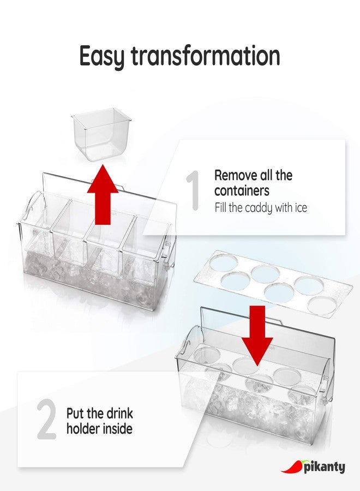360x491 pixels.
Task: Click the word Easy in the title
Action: [102, 57]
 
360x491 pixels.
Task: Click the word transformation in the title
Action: [205, 56]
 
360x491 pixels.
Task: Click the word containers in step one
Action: [242, 191]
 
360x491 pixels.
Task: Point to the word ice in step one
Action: [301, 208]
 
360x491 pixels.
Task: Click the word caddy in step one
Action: [258, 208]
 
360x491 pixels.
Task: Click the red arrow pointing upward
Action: [103, 195]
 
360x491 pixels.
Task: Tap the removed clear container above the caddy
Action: [102, 135]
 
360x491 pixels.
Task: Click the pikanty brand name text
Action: [325, 468]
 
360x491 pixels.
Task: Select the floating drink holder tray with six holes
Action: [273, 283]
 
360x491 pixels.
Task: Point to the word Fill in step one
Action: [221, 208]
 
